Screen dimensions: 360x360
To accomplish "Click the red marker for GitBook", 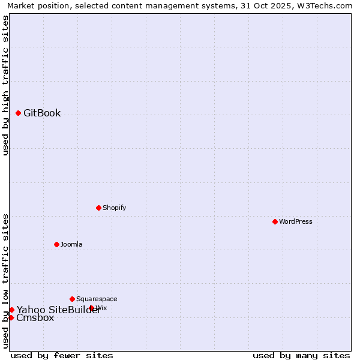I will [x=18, y=113].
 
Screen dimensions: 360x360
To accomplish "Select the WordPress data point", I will [x=275, y=221].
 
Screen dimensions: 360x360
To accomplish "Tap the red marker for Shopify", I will [x=98, y=208].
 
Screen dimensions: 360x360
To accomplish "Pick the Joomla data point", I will [x=56, y=244].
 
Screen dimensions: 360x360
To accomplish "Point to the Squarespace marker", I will [x=72, y=299].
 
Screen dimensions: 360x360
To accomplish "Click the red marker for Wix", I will [x=92, y=308].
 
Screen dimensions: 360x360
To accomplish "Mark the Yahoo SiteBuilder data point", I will [x=11, y=310].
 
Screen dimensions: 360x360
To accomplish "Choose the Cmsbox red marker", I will [x=11, y=317].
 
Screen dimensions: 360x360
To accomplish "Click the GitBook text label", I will [x=42, y=113].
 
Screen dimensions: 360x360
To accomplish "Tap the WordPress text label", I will [x=296, y=221].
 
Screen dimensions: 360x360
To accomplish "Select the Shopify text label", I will [x=114, y=208].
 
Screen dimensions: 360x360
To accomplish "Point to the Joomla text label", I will [x=71, y=244].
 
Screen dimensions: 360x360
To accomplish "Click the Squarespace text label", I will [x=97, y=299].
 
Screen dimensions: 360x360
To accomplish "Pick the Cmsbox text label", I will [x=35, y=318].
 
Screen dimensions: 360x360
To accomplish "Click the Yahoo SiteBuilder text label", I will [x=58, y=310].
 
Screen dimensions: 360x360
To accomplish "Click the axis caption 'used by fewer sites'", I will [x=62, y=355].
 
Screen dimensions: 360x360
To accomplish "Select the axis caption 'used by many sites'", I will [x=301, y=355].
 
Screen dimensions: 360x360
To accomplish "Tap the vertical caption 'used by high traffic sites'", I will [x=6, y=85].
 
